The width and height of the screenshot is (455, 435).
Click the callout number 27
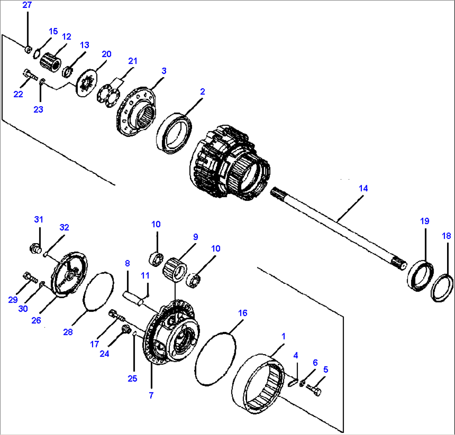click(x=27, y=5)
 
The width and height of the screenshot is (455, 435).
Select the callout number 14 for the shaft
click(x=363, y=189)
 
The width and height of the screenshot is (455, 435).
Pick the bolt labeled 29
click(x=29, y=276)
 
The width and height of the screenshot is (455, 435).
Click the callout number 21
click(x=132, y=61)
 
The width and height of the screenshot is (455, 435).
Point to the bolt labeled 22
click(x=30, y=75)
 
